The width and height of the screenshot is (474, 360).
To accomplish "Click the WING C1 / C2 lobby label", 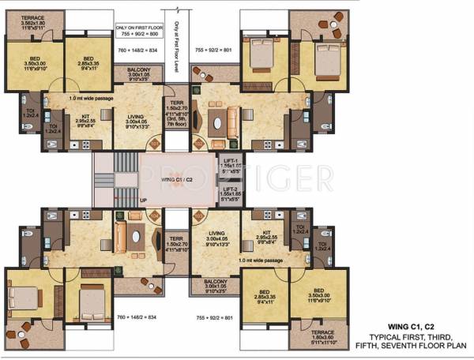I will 180,181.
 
